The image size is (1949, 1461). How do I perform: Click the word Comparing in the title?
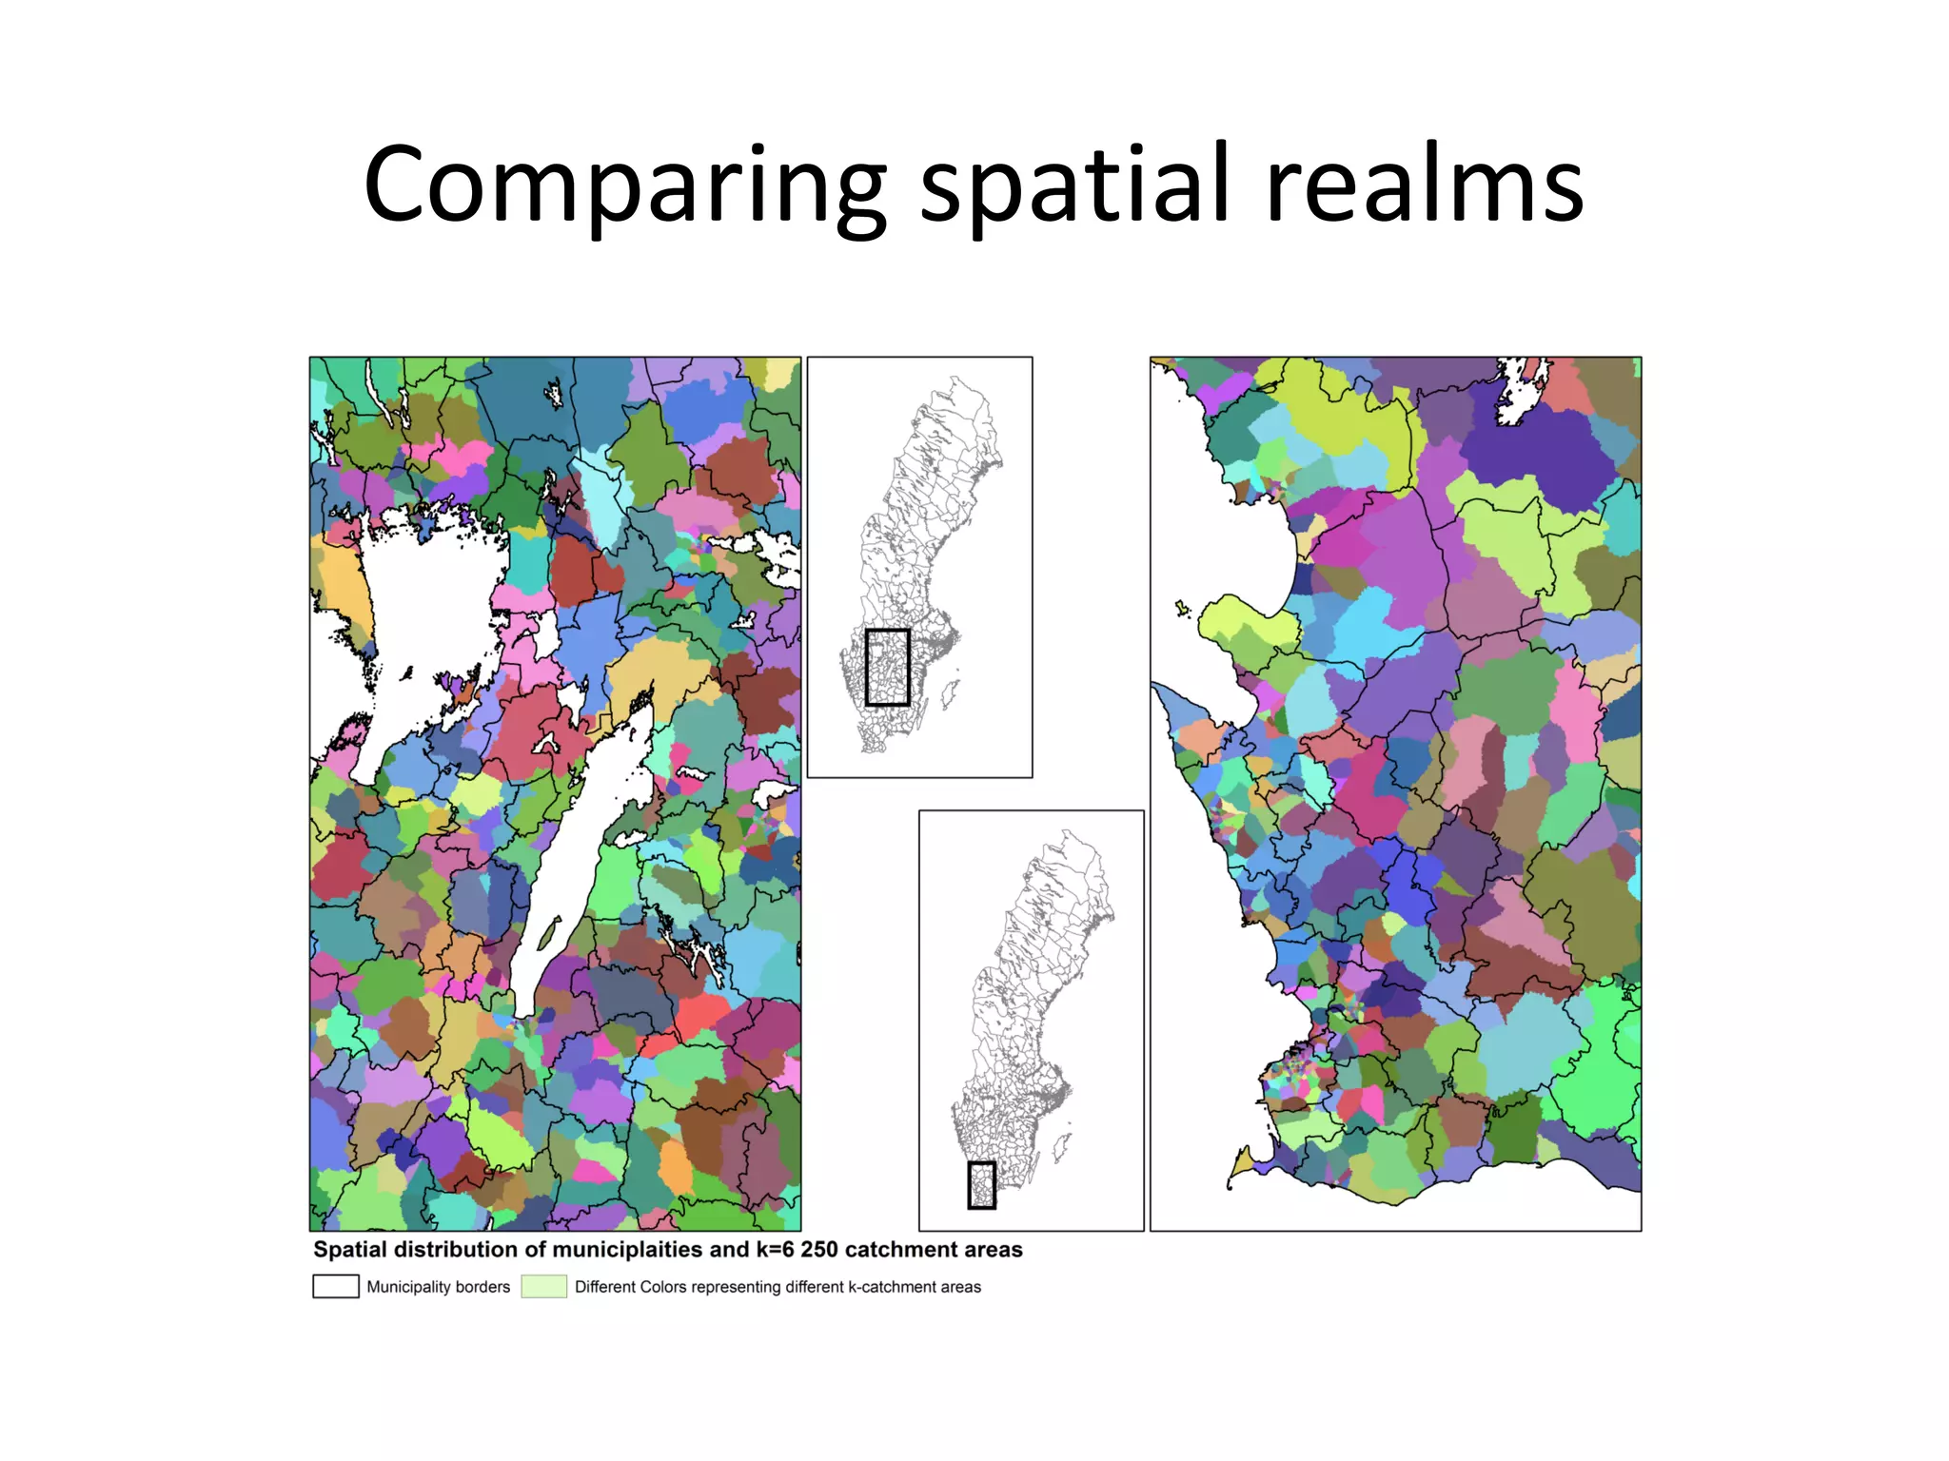point(623,186)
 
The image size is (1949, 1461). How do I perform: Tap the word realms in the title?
point(1424,186)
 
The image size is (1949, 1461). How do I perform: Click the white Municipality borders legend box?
point(336,1286)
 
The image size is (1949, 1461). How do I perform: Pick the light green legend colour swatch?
point(543,1286)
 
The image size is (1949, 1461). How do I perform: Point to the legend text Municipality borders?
point(439,1287)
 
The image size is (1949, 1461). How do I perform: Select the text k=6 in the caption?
point(773,1250)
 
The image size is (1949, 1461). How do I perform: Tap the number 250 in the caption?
point(819,1250)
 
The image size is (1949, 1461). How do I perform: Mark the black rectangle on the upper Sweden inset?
point(887,667)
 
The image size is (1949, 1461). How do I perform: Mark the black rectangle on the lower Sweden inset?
point(981,1185)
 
